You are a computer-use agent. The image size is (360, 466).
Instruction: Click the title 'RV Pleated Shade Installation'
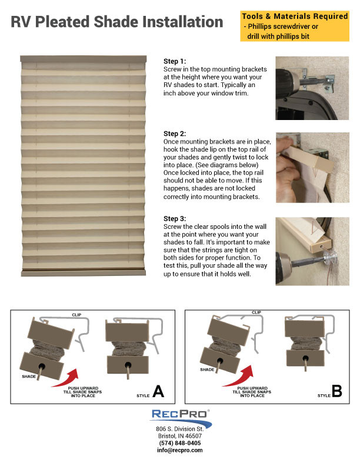point(117,22)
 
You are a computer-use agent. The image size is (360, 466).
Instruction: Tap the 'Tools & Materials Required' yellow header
point(295,16)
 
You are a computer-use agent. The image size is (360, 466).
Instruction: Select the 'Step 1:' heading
point(174,61)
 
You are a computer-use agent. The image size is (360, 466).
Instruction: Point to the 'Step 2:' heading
point(174,134)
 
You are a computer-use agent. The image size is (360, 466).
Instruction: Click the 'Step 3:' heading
point(174,219)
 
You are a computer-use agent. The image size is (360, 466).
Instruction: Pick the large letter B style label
point(336,391)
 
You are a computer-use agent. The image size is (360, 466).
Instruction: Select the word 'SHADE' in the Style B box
point(206,370)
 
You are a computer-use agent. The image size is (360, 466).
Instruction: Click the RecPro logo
point(180,417)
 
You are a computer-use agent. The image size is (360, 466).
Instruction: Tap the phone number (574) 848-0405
point(180,443)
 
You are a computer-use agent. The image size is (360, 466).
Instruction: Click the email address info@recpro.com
point(180,450)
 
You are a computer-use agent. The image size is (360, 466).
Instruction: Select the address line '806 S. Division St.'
point(180,429)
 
